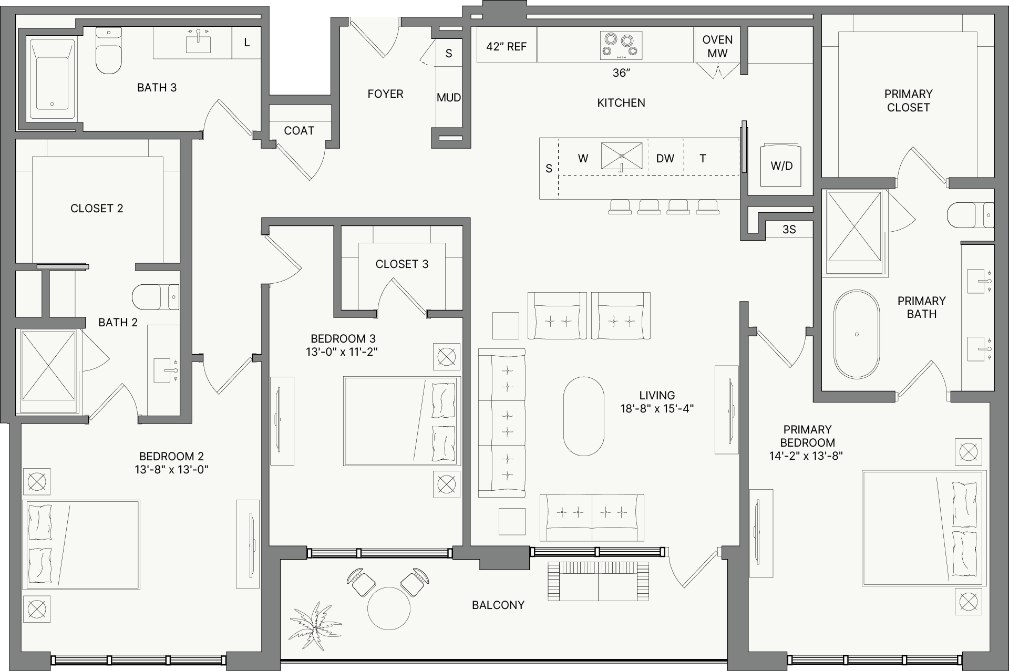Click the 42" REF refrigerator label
pos(506,47)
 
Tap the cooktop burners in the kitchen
pos(621,45)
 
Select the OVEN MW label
pos(717,46)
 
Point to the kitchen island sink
pos(622,156)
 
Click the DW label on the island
pos(665,158)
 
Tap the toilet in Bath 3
pos(109,50)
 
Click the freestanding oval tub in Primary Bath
pos(857,334)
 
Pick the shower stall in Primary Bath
pos(854,226)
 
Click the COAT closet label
pos(299,130)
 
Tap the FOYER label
pos(385,94)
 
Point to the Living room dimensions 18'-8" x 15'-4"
pos(657,408)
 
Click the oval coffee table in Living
pos(583,416)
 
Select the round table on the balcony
pos(388,608)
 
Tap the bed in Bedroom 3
pos(402,421)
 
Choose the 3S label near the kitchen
pos(789,229)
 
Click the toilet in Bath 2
pos(156,297)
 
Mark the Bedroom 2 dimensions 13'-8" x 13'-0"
pos(171,469)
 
